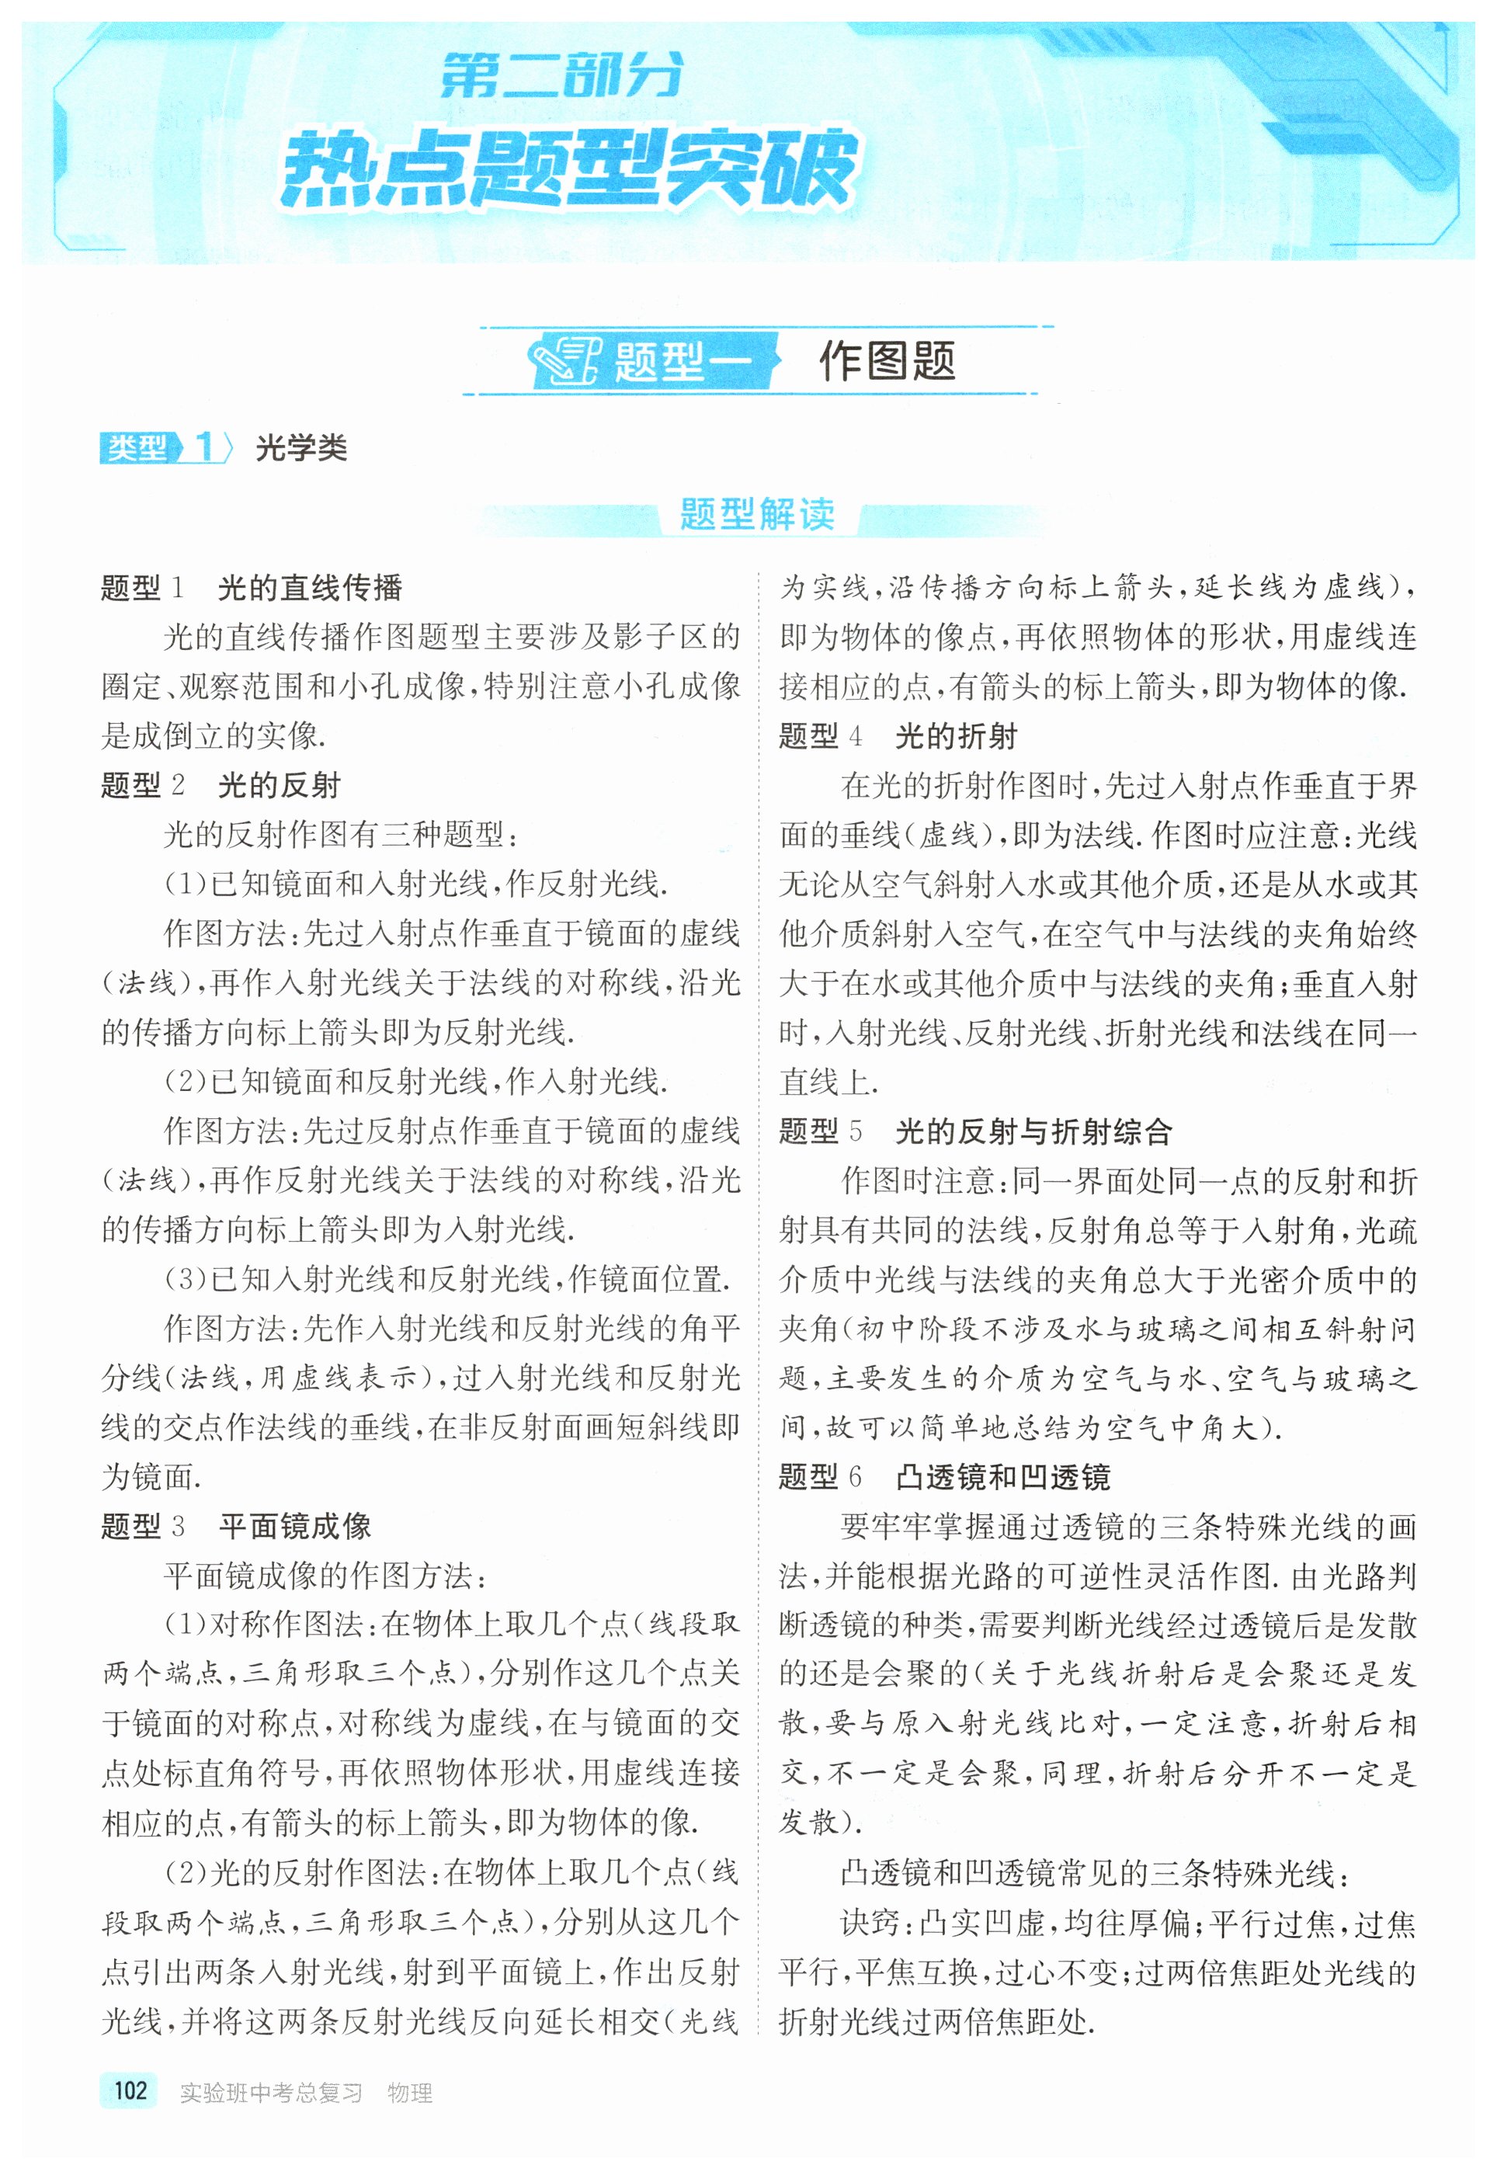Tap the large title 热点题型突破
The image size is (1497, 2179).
click(568, 169)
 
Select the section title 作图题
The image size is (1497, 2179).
click(887, 360)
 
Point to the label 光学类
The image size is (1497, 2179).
click(301, 448)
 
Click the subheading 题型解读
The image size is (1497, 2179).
click(757, 514)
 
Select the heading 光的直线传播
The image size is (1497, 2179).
click(311, 588)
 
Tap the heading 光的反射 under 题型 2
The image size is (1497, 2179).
click(280, 785)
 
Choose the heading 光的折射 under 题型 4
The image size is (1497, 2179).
click(957, 736)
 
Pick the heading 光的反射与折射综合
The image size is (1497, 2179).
click(1033, 1131)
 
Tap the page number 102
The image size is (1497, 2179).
click(130, 2090)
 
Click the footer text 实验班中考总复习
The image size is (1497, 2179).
click(271, 2093)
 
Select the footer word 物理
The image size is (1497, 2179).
click(410, 2093)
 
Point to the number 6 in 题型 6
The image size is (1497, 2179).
click(855, 1477)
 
